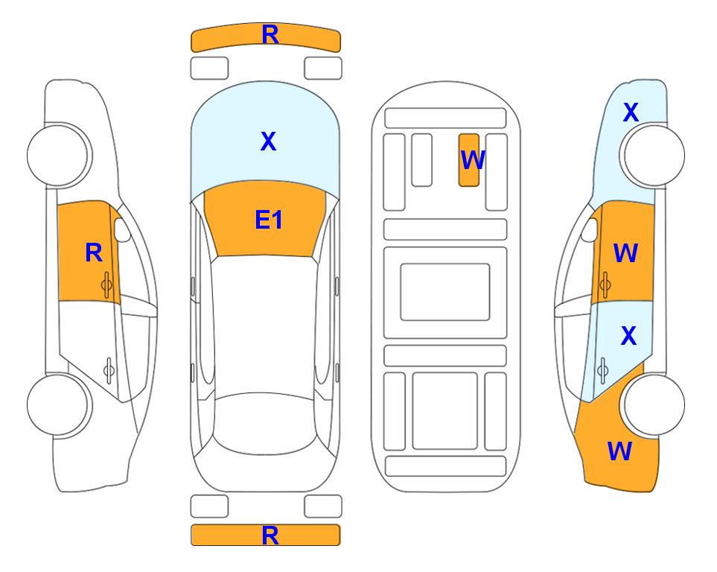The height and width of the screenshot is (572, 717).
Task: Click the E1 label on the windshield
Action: point(269,220)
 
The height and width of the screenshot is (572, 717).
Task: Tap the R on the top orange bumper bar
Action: point(270,35)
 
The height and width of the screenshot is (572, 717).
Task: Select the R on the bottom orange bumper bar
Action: point(270,535)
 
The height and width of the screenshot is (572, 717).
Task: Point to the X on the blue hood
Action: point(269,142)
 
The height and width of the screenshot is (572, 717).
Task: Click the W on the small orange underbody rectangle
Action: point(472,159)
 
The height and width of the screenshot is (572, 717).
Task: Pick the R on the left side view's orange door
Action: point(94,252)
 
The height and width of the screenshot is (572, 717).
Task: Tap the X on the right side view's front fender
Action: point(631,112)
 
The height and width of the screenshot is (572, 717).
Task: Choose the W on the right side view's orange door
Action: point(625,252)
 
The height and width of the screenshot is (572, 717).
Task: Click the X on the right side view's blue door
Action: point(628,336)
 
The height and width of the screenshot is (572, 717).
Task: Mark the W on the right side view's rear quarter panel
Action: point(619,451)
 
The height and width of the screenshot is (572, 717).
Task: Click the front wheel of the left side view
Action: point(59,155)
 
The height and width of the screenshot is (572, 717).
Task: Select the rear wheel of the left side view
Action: point(59,404)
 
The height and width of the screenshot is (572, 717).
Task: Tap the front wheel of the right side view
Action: point(653,155)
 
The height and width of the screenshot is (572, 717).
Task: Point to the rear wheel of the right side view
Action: point(653,404)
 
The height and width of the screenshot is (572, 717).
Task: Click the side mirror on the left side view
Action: point(122,229)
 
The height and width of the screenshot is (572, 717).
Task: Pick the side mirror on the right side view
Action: point(590,229)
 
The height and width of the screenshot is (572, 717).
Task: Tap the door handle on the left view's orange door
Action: point(106,285)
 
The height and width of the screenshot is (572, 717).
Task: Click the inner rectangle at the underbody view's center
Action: point(445,292)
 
